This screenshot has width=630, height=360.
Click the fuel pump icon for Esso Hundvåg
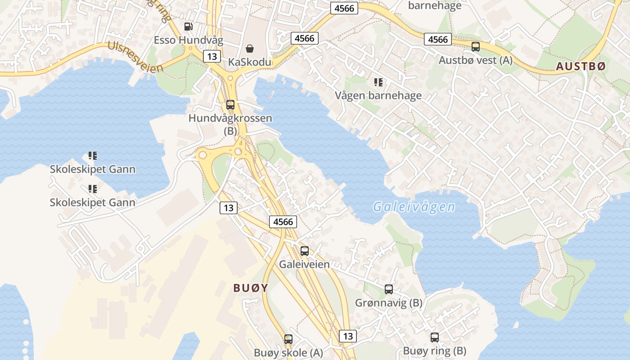189,27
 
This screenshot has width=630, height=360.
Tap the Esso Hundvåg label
189,40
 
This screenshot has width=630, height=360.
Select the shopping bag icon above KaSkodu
250,48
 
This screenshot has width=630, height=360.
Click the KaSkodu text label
250,62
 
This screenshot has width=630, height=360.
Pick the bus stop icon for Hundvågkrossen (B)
230,105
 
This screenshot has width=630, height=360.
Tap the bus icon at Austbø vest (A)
476,46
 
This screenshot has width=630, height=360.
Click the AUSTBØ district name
581,67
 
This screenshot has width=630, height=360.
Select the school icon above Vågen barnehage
378,82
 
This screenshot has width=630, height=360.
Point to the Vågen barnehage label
378,95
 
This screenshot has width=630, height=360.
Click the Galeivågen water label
414,207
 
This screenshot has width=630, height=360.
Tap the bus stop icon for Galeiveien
305,251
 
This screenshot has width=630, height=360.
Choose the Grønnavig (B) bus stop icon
389,289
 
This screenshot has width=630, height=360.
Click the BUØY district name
251,288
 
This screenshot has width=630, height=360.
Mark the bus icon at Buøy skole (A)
288,339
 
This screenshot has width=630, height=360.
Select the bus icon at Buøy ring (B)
435,337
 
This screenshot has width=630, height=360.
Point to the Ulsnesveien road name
135,58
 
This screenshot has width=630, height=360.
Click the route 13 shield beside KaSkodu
212,56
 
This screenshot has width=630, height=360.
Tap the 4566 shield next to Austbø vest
438,40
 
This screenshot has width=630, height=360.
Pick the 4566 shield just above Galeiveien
283,221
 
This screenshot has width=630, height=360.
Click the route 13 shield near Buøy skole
347,336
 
